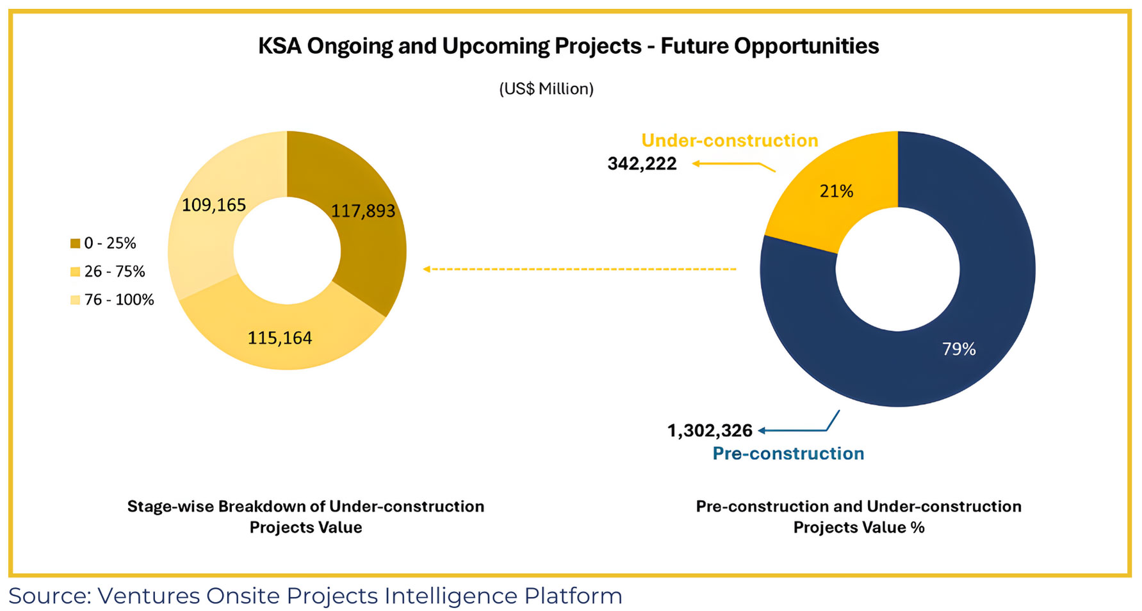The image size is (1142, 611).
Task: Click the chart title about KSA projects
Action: [568, 46]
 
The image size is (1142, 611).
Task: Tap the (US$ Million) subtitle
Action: [546, 88]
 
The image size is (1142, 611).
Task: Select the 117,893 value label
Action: [363, 211]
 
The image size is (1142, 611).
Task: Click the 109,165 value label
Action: [214, 205]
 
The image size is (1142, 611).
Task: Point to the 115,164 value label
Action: [280, 338]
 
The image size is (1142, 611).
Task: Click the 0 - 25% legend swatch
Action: [76, 243]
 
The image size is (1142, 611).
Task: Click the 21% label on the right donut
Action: [836, 191]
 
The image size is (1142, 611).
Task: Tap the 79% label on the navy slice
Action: [959, 349]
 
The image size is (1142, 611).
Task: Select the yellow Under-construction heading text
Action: [730, 140]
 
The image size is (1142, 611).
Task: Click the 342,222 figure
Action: [642, 164]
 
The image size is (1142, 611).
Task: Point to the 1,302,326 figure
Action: [710, 430]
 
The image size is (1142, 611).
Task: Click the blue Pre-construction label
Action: [788, 453]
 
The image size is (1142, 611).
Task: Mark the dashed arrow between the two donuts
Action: [580, 269]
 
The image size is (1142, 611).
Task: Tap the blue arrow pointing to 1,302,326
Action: [797, 428]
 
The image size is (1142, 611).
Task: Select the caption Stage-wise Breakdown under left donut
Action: [306, 516]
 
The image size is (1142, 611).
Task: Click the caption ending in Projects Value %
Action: [858, 516]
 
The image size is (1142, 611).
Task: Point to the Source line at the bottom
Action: [315, 596]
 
